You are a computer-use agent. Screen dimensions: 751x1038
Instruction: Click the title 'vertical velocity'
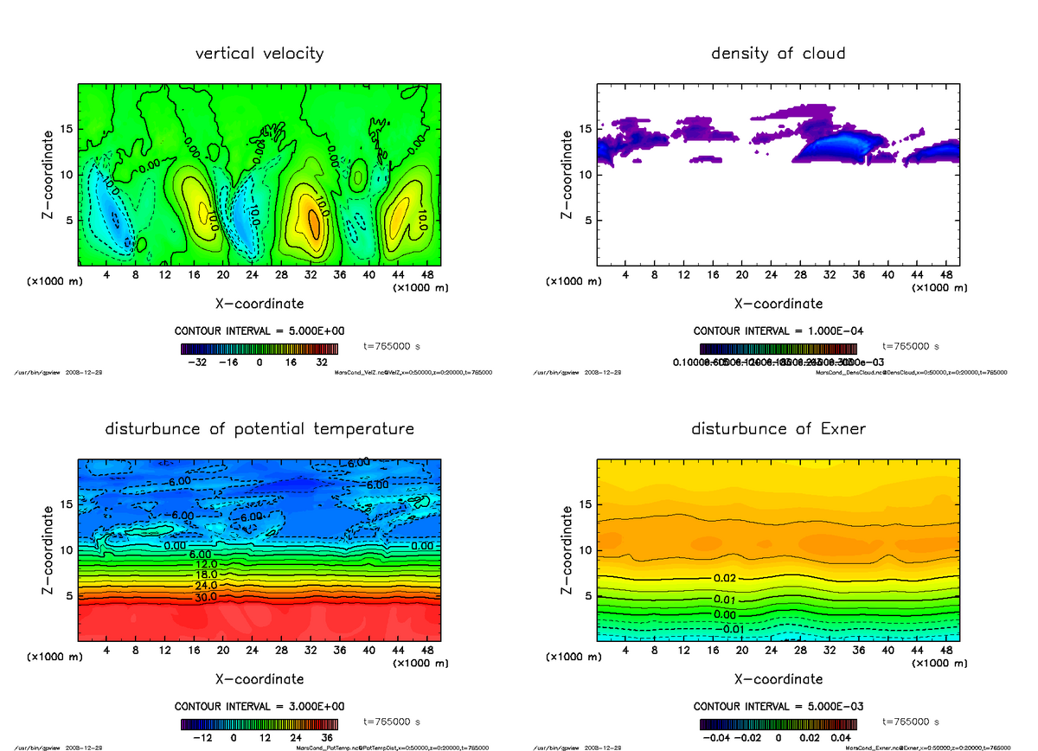click(259, 54)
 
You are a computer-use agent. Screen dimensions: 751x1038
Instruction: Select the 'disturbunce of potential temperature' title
click(259, 429)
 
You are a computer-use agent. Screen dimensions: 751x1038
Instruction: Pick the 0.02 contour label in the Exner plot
click(725, 578)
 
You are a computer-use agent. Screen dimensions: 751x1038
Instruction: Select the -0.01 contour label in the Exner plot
click(732, 629)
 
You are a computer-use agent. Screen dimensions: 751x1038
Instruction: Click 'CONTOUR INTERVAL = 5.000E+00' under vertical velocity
click(259, 331)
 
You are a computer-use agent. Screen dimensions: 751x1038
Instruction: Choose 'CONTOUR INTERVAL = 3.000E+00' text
click(259, 706)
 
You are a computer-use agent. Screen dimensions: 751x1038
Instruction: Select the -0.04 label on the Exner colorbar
click(721, 738)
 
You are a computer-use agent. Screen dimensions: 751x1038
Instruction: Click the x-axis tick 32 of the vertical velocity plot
click(311, 275)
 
